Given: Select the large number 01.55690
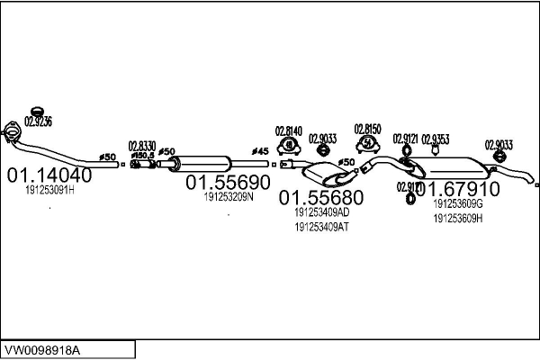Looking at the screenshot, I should point(228,182).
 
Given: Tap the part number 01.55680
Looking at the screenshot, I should point(319,197).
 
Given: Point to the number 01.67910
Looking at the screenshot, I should point(456,190).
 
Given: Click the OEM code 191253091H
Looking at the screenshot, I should point(49,191).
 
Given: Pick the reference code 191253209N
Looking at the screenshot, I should point(228,196).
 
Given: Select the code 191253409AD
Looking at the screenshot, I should point(321,211).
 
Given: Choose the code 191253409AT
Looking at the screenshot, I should point(321,227).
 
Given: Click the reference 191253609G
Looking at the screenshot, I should point(458,204).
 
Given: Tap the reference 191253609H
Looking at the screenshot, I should point(458,218).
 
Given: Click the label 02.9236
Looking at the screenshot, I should point(39,121).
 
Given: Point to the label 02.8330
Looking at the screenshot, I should point(142,145).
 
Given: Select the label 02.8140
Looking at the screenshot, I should point(288,130).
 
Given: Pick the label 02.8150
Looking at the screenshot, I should point(367,129).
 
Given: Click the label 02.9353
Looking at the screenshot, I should point(436,139).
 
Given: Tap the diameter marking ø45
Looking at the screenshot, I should point(259,151).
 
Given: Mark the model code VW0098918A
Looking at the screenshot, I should point(44,347).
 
